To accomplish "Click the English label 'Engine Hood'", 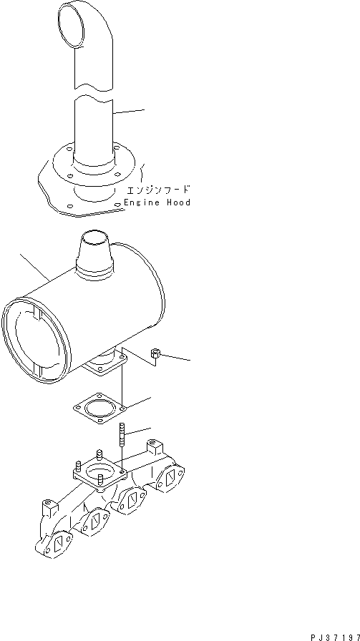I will point(157,202).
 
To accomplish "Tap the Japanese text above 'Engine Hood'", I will point(158,190).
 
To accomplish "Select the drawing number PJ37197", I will point(334,635).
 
